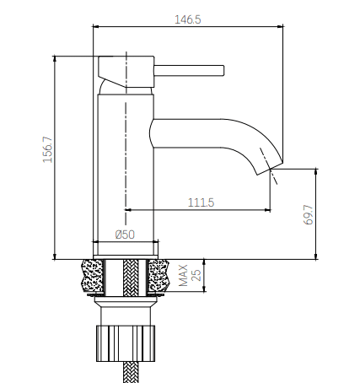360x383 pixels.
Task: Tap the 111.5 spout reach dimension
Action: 198,202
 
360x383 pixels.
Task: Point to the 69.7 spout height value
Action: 309,213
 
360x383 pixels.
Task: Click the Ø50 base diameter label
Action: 126,235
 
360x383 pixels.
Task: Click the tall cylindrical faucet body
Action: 125,169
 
